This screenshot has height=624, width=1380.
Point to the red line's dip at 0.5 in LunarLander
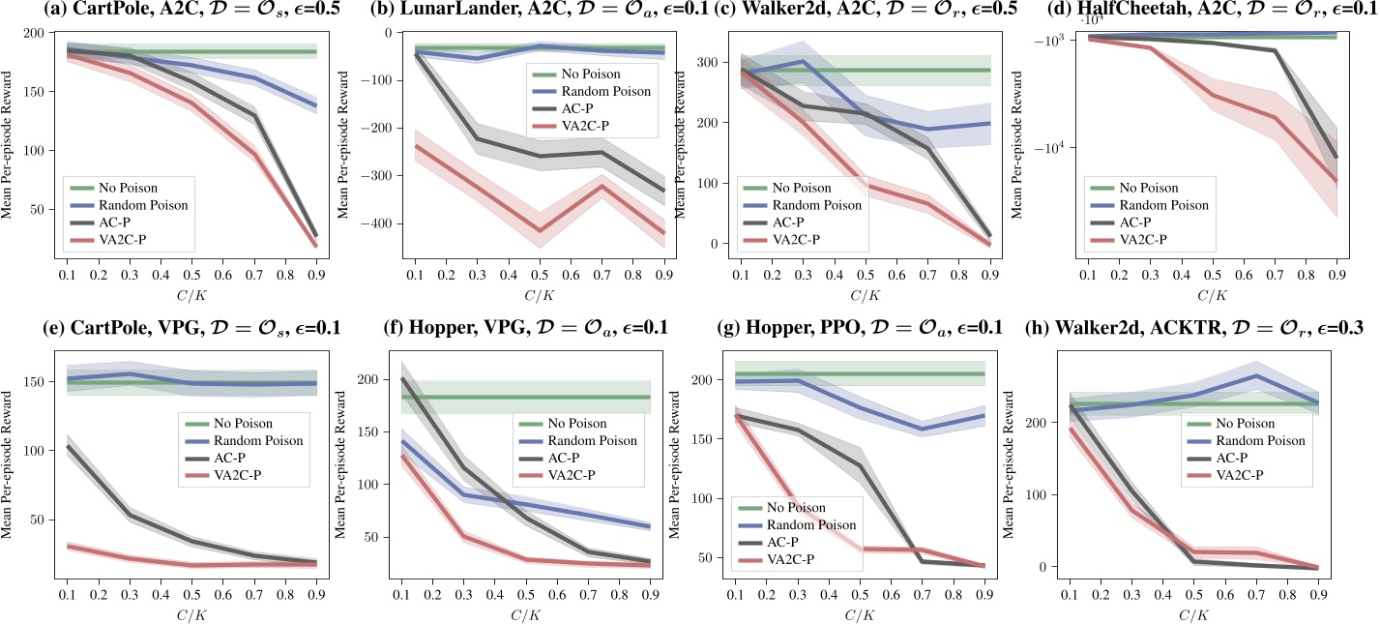(539, 231)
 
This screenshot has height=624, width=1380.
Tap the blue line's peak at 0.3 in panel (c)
(803, 62)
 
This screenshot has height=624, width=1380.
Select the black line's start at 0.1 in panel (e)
(68, 446)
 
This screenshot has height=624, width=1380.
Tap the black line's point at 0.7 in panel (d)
(1275, 51)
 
